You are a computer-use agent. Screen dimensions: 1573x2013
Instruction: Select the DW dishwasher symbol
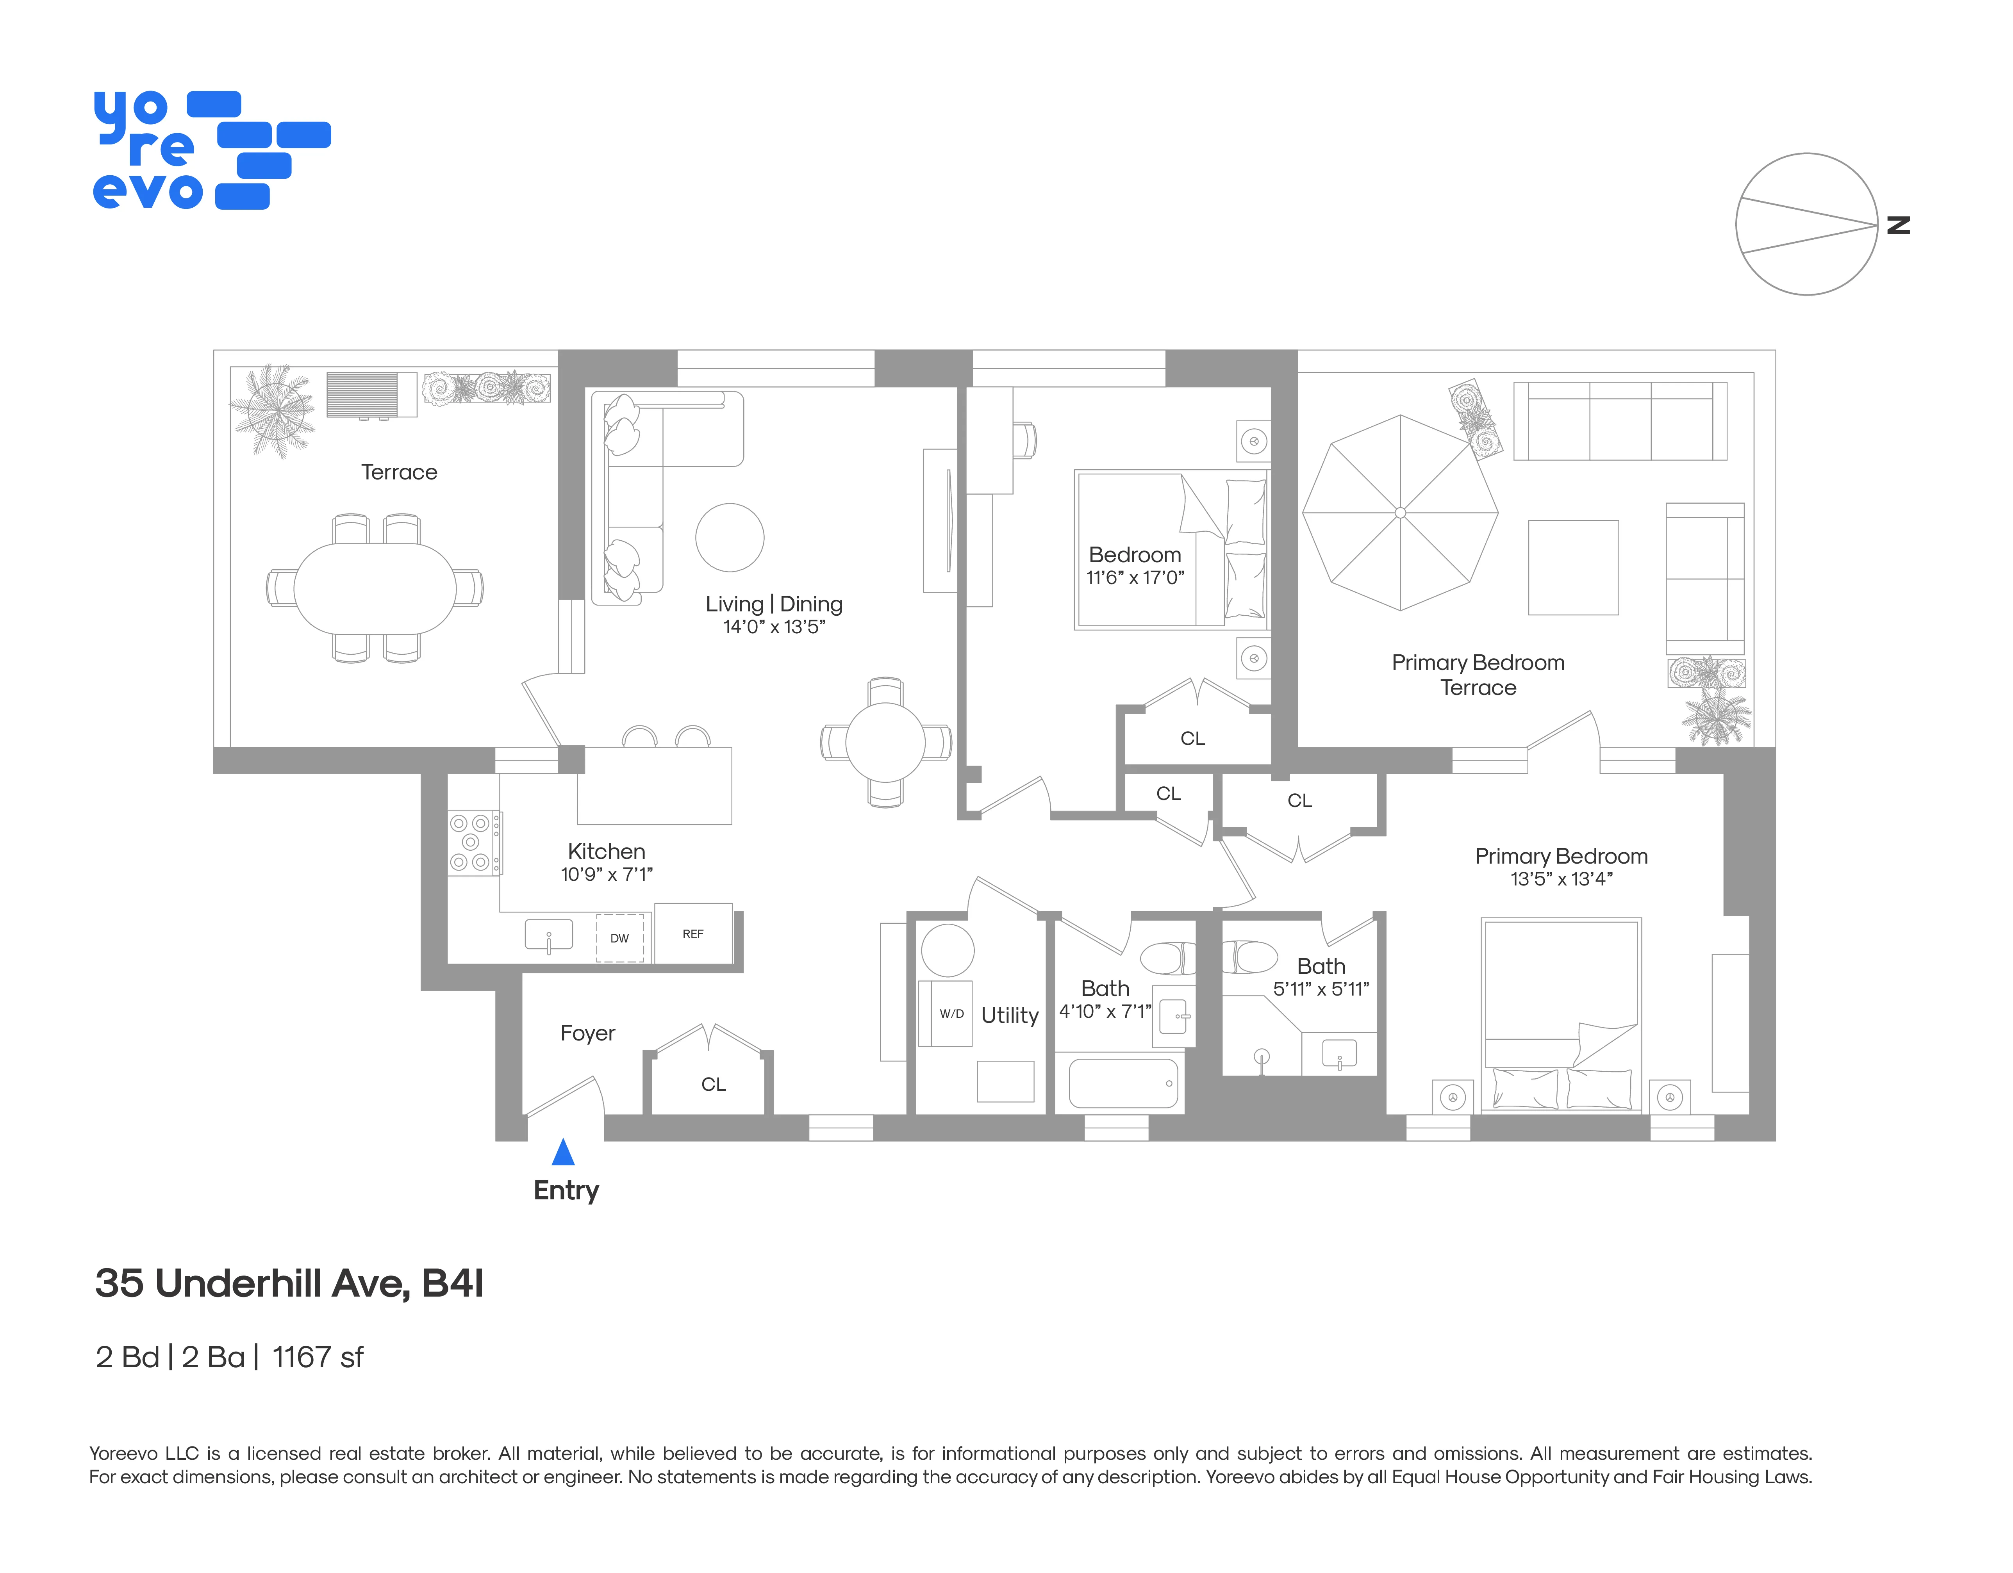pyautogui.click(x=619, y=938)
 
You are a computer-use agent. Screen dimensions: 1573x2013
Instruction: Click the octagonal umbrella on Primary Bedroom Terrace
pyautogui.click(x=1400, y=512)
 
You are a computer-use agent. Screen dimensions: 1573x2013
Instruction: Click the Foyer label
pyautogui.click(x=587, y=1033)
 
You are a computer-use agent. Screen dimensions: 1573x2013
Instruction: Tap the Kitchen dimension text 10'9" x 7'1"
pyautogui.click(x=607, y=875)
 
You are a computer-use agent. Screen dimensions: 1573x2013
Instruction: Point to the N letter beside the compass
pyautogui.click(x=1899, y=225)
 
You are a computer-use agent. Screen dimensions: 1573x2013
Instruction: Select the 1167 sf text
pyautogui.click(x=318, y=1357)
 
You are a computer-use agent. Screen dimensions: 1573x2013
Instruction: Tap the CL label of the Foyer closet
pyautogui.click(x=714, y=1085)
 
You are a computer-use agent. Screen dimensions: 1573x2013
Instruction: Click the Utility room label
pyautogui.click(x=1009, y=1015)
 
